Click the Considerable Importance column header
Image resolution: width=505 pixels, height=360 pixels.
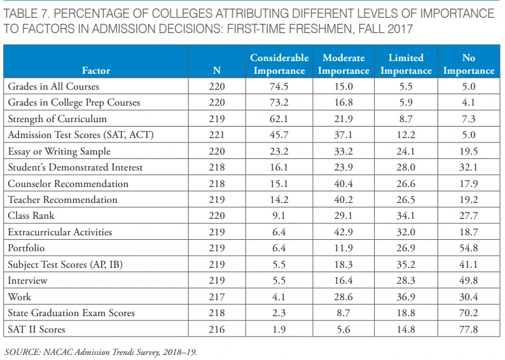[279, 64]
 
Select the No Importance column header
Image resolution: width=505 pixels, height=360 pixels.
[469, 64]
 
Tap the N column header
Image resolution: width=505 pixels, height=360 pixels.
[216, 71]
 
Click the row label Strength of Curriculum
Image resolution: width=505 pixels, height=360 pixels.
[57, 119]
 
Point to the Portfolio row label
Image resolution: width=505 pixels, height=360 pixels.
[26, 249]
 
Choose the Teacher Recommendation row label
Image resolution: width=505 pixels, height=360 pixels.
[62, 200]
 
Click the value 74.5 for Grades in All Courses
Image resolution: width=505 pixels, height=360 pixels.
[279, 87]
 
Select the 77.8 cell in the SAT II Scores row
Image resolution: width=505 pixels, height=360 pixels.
[469, 329]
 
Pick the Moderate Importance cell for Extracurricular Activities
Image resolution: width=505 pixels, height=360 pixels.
[343, 232]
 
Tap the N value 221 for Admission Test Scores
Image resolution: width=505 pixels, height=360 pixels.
[216, 135]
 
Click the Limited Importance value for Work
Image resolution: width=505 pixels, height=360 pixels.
[406, 297]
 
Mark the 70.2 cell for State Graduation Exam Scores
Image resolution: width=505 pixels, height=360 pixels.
[469, 314]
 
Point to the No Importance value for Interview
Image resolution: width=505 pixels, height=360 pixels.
[469, 280]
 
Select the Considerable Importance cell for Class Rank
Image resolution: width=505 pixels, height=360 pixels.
[279, 216]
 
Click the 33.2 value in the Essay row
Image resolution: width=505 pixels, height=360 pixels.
[343, 151]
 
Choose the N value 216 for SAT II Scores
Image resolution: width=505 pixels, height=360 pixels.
[216, 329]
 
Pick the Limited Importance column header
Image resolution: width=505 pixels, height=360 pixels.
[406, 64]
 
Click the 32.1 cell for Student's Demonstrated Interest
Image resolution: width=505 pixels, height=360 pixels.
[469, 167]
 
